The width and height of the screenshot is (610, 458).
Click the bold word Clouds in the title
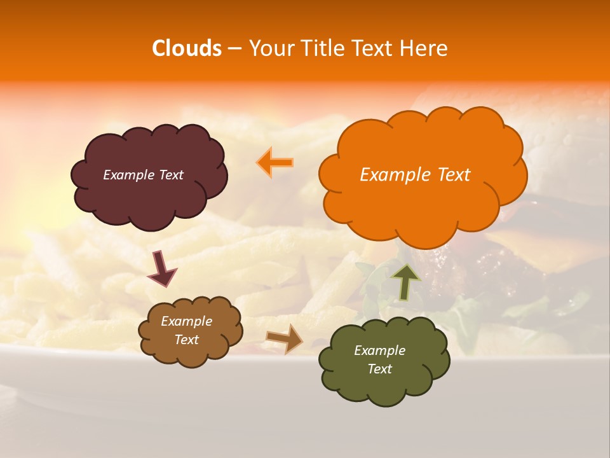pos(187,48)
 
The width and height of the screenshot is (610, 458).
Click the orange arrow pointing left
pos(274,162)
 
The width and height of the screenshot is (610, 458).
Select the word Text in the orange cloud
pos(452,175)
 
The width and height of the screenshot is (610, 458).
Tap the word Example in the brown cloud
pos(186,321)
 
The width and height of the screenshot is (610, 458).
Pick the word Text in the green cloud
pos(379,369)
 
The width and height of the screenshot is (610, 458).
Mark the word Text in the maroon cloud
pos(171,175)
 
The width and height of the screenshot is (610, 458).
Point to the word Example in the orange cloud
pos(395,175)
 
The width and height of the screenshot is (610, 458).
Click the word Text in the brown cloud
pos(186,340)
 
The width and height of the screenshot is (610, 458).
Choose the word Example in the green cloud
pos(379,350)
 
